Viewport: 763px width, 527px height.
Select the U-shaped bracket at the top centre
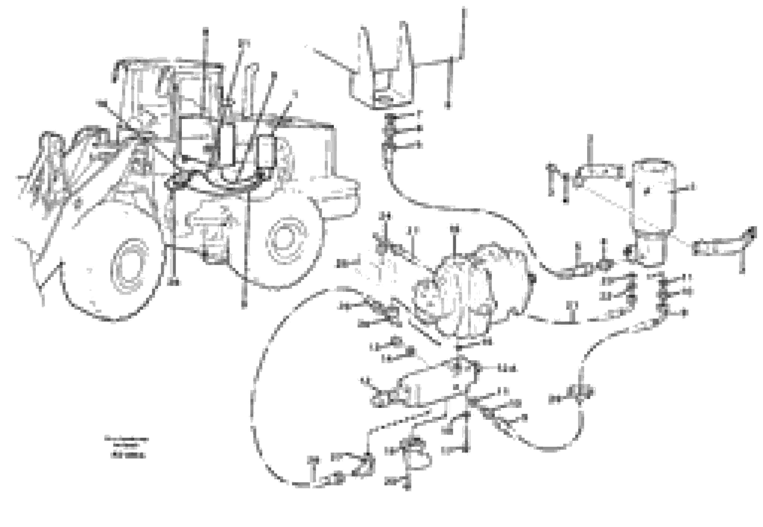point(383,73)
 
